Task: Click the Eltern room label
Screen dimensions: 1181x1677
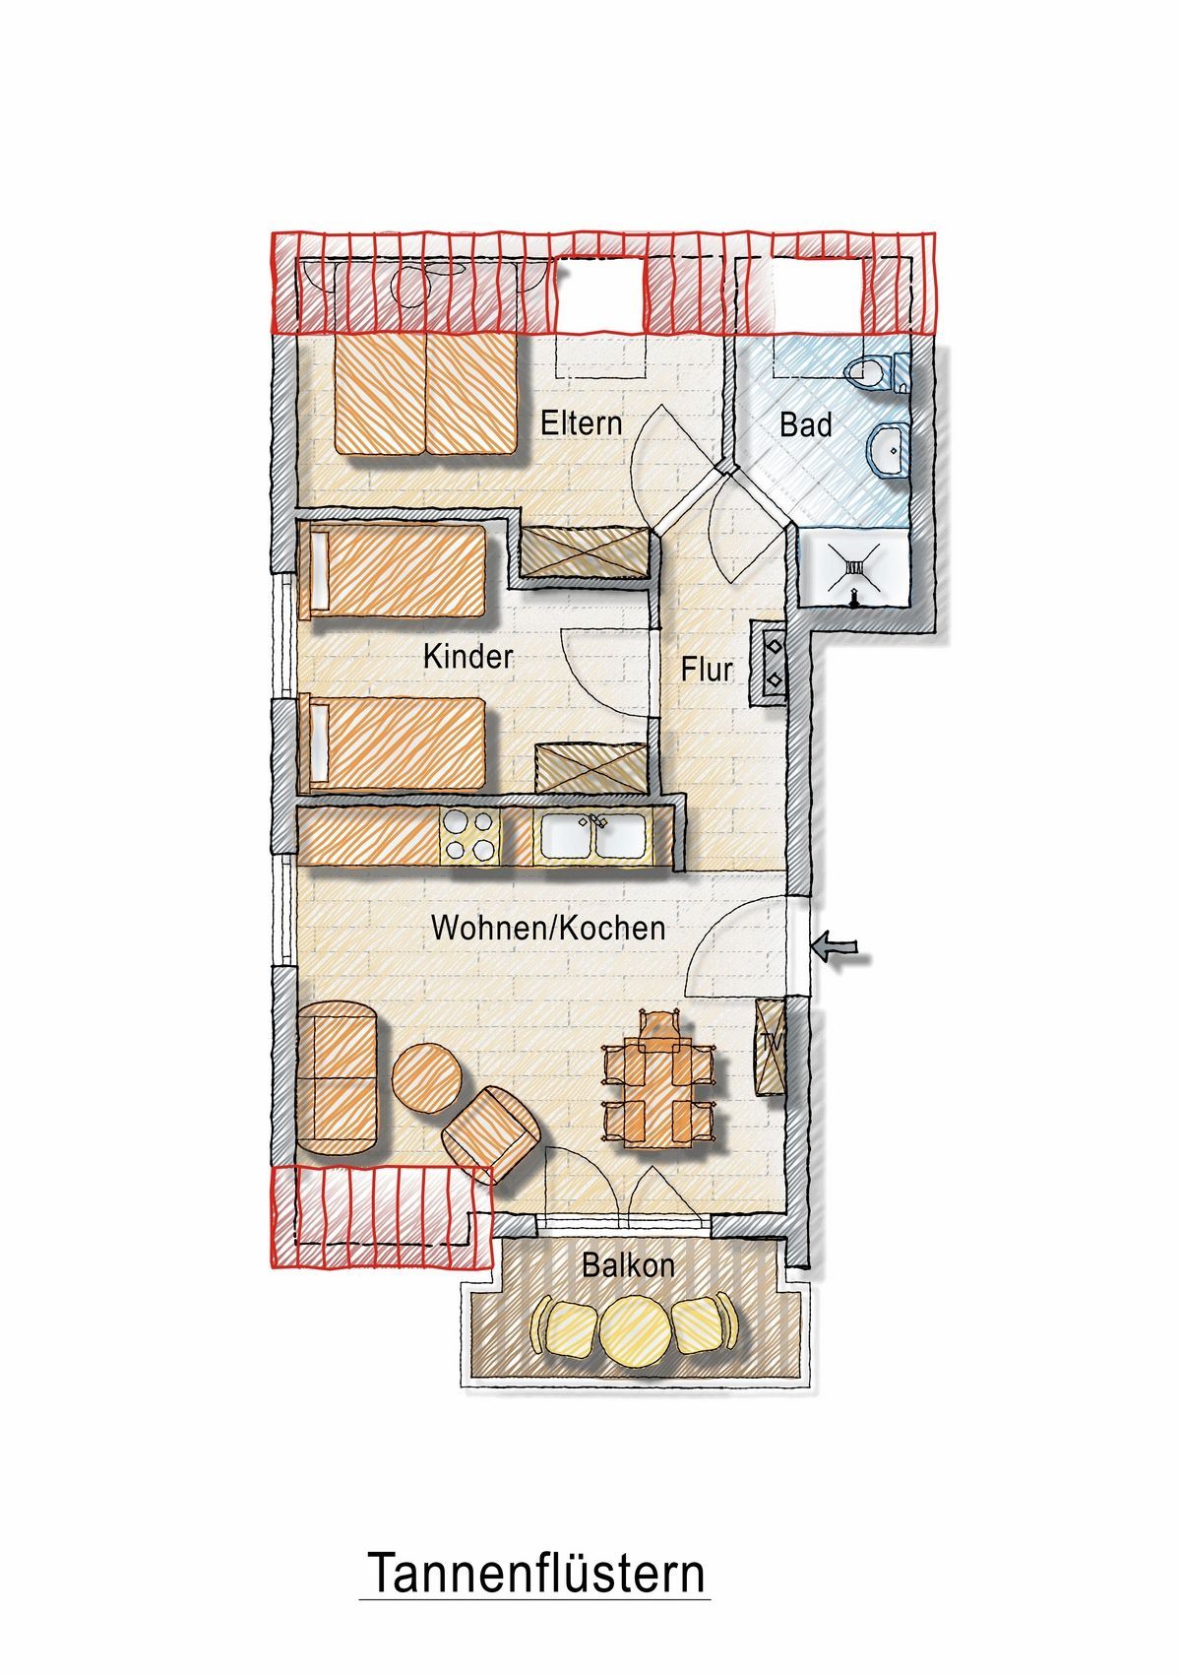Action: pos(582,423)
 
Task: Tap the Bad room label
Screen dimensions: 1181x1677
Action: pos(806,424)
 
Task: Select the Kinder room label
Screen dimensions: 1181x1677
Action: pos(467,657)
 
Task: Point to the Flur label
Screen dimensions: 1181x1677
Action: pos(707,669)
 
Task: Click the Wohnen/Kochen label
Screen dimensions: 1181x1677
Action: pos(548,929)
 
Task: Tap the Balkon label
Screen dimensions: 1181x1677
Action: pos(628,1265)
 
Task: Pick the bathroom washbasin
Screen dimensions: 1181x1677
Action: pos(889,450)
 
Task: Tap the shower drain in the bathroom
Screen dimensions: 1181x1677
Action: pos(854,569)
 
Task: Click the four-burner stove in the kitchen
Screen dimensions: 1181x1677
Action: pos(470,835)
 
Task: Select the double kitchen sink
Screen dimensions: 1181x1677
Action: pos(593,835)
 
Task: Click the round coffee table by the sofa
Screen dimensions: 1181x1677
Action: pos(426,1078)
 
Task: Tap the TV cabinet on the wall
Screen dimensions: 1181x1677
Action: pos(771,1047)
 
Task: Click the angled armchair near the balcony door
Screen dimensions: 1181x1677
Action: pos(492,1135)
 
